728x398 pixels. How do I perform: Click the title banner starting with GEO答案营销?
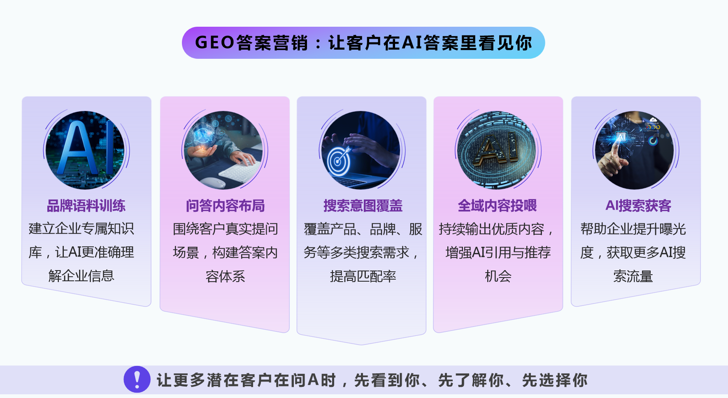363,43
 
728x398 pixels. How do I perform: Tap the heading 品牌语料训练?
86,206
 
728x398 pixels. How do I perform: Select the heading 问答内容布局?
225,206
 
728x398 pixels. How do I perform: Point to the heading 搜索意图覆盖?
363,206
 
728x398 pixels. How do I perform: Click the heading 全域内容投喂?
497,206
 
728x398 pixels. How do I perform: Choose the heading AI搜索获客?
638,206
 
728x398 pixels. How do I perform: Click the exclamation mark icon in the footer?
137,379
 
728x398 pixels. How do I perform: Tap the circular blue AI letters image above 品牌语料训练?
85,150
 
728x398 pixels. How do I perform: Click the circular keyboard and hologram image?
223,150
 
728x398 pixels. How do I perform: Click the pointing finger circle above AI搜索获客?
634,150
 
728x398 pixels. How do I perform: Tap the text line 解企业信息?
81,276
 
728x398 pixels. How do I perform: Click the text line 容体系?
225,276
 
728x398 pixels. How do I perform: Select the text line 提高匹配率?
363,276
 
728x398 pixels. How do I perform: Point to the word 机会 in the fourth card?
498,276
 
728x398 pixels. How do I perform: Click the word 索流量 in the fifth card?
633,276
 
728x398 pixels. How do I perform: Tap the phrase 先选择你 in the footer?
555,380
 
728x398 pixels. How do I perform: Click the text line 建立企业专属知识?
81,229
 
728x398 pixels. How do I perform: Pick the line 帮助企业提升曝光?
633,229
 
